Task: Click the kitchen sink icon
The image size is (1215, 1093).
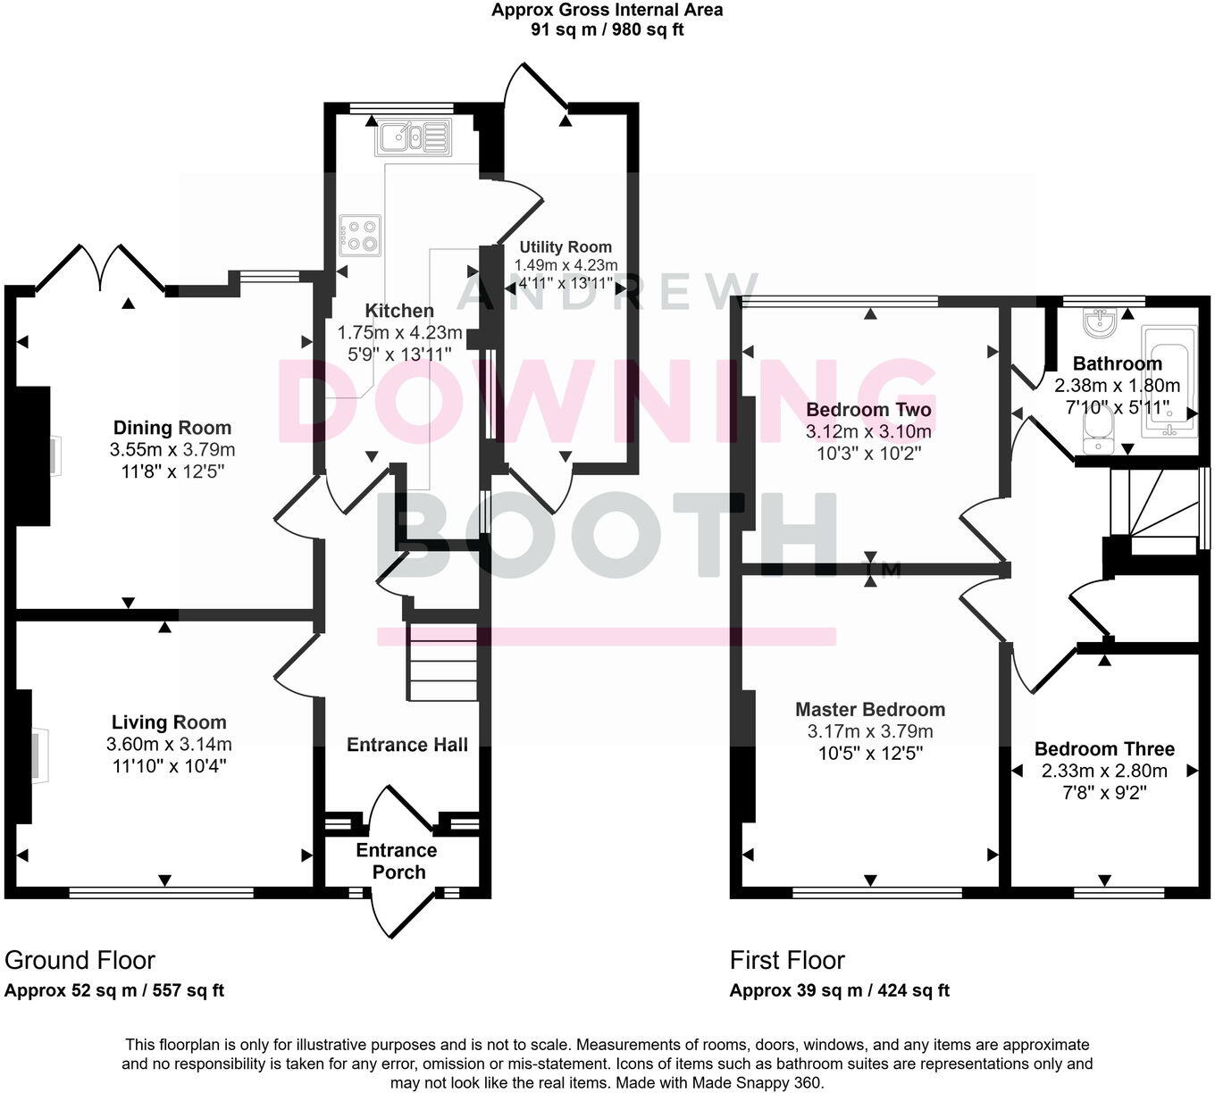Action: tap(414, 138)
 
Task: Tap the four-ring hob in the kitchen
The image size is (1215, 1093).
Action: tap(359, 235)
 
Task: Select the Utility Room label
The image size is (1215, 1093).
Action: tap(566, 247)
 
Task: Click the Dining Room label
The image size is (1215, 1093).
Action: tap(172, 428)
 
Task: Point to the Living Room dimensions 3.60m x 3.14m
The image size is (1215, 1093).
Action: tap(169, 744)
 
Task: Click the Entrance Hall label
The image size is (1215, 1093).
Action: tap(406, 745)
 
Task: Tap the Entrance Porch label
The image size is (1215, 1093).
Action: tap(397, 861)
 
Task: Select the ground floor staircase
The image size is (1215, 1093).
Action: tap(442, 662)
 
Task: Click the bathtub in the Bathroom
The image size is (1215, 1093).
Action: tap(1169, 382)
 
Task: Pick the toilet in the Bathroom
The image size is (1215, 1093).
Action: tap(1094, 433)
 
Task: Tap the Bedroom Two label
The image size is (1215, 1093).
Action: tap(868, 410)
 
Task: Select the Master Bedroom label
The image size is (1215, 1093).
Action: tap(870, 710)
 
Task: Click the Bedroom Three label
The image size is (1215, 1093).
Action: tap(1104, 749)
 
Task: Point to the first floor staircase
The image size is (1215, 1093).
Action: tap(1156, 513)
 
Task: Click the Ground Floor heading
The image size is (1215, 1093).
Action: tap(80, 960)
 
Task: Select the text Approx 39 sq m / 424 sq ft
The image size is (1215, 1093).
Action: tap(839, 990)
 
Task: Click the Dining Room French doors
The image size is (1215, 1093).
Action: tap(101, 266)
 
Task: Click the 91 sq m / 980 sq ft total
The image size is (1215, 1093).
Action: tap(607, 29)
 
